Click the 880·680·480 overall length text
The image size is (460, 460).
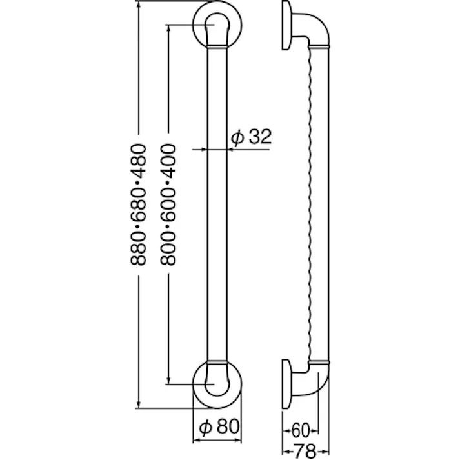pyautogui.click(x=139, y=206)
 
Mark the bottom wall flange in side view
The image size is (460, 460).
pyautogui.click(x=286, y=384)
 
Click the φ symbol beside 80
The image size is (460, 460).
pyautogui.click(x=203, y=426)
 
